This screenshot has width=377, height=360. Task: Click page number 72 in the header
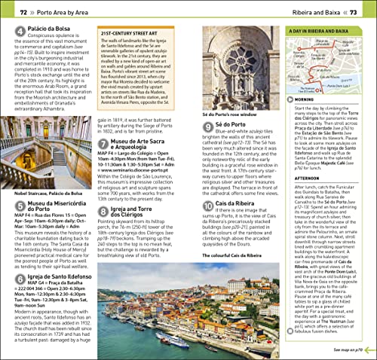[x=23, y=12]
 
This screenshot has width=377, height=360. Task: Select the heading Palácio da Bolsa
[x=47, y=31]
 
